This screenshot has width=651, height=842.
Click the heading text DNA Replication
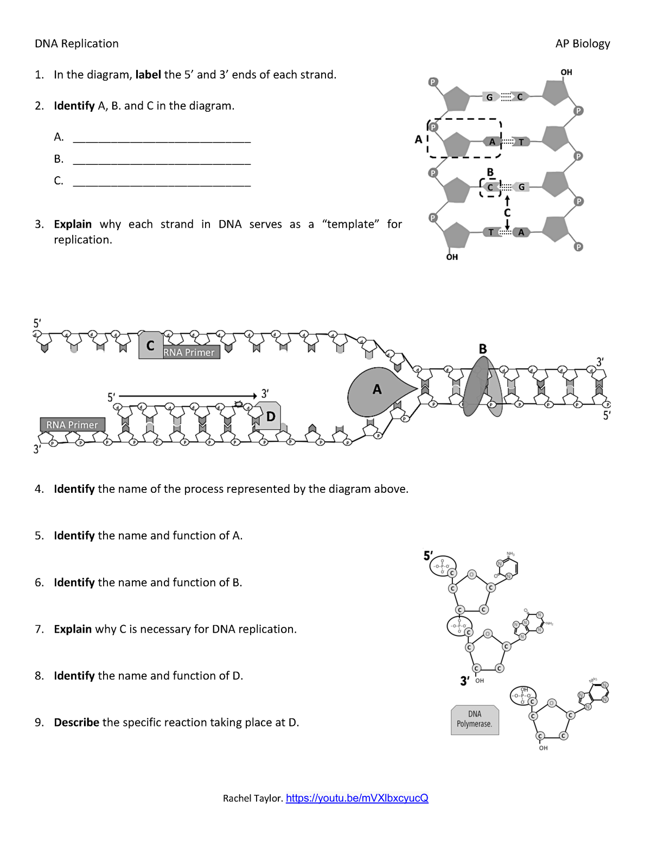pos(76,44)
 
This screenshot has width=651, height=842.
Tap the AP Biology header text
pos(582,44)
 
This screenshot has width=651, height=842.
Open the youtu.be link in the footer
pos(357,798)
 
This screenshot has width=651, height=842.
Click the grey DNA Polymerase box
pos(474,719)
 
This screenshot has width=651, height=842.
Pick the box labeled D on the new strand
pos(269,416)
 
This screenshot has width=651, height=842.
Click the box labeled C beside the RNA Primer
pos(150,345)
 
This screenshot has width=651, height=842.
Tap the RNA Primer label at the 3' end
pos(72,425)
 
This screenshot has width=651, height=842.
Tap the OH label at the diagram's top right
pos(566,72)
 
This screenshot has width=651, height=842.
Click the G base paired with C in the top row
pos(490,97)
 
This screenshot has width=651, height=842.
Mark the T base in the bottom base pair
pos(491,232)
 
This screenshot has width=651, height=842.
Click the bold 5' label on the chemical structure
pos(428,556)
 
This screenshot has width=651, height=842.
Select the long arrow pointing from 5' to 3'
pos(187,396)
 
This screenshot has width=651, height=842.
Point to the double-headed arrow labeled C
pos(507,213)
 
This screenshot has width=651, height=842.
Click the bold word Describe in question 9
pos(76,723)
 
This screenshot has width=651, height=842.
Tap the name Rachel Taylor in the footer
pos(252,798)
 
